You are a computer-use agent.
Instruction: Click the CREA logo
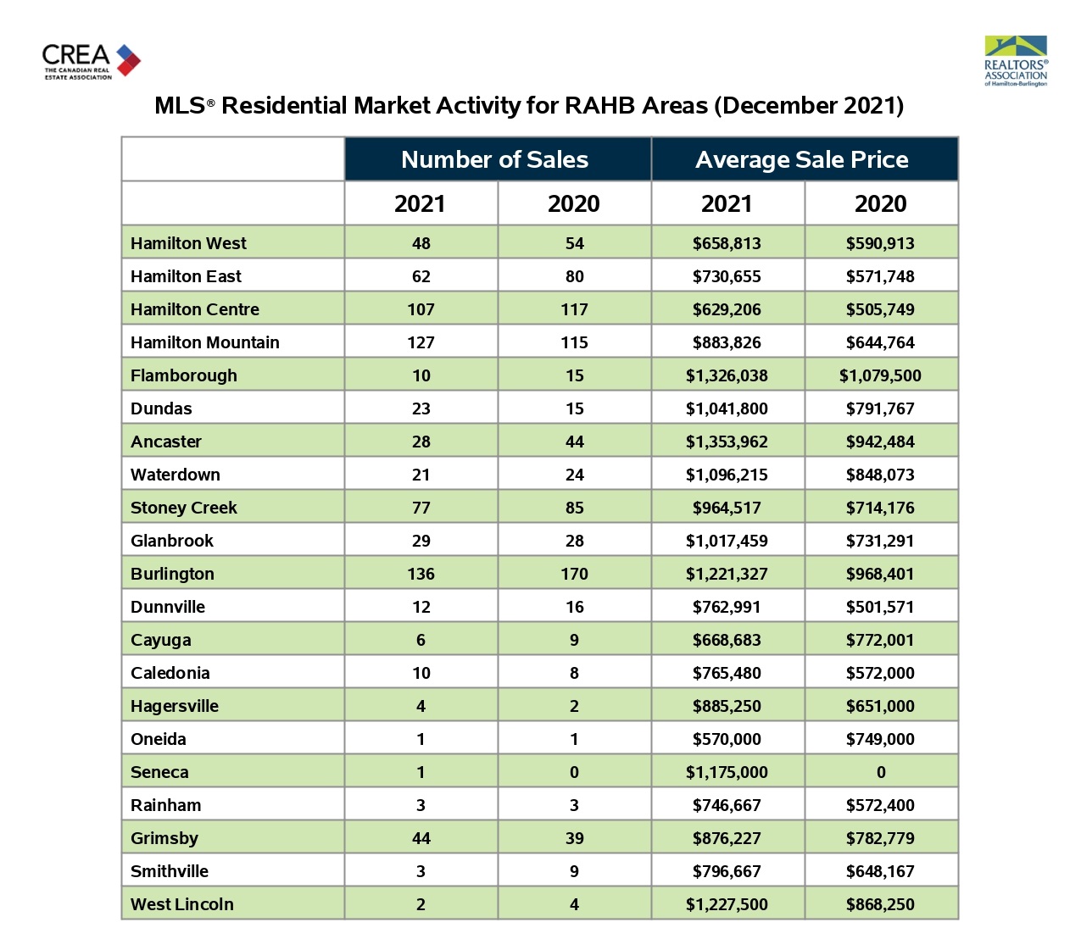coord(91,61)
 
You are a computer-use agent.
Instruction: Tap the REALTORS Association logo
coord(1016,61)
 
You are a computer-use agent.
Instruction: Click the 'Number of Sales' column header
coord(494,159)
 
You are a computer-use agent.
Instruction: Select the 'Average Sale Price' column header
coord(801,159)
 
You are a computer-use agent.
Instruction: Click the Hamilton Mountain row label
coord(205,342)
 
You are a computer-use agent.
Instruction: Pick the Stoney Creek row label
coord(183,508)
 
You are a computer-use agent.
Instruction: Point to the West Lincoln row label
coord(181,904)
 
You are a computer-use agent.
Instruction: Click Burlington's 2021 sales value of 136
coord(421,574)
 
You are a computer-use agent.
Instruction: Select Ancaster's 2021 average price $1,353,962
coord(727,442)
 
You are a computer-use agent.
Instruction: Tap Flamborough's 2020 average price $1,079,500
coord(880,375)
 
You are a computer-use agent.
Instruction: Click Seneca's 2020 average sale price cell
coord(881,772)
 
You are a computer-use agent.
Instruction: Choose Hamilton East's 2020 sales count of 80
coord(574,276)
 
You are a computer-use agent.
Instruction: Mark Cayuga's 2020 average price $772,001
coord(880,640)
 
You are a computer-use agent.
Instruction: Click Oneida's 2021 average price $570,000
coord(727,739)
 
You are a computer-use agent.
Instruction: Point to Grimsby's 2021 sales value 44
coord(421,838)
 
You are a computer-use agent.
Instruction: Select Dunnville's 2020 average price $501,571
coord(880,607)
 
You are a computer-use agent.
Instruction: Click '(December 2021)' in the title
coord(809,106)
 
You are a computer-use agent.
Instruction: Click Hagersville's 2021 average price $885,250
coord(727,706)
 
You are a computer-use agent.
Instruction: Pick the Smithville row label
coord(169,871)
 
